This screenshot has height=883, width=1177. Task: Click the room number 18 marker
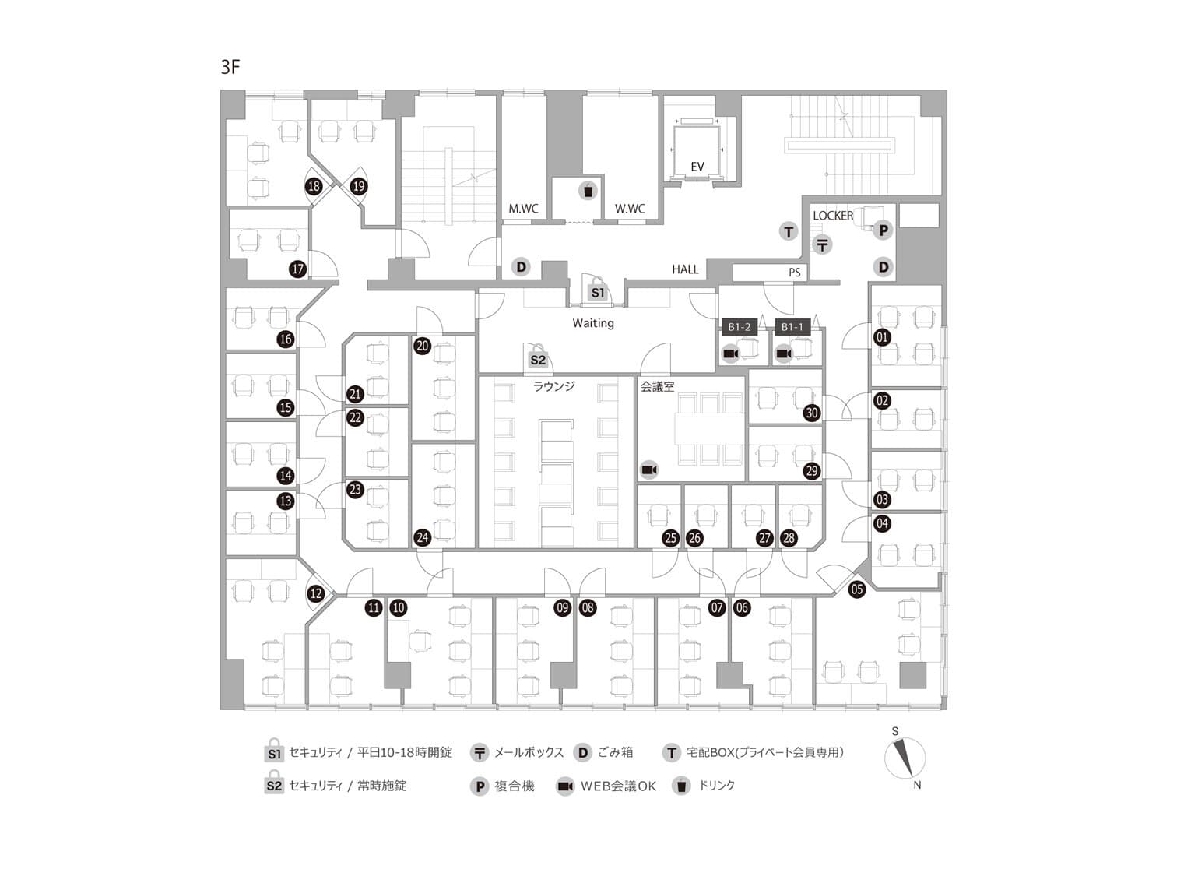pos(314,187)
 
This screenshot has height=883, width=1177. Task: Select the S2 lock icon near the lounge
pos(538,359)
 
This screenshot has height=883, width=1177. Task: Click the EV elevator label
pos(697,167)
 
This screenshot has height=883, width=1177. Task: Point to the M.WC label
pos(523,209)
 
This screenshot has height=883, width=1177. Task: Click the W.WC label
pos(630,209)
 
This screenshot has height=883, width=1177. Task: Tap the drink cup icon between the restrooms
pos(588,190)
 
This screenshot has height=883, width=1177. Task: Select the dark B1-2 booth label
pos(739,327)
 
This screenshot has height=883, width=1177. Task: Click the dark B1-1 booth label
pos(792,327)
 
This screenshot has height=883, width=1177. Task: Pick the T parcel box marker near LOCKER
pos(789,231)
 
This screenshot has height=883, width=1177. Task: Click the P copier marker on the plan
pos(883,230)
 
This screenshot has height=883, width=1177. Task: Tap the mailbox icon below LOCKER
pos(823,244)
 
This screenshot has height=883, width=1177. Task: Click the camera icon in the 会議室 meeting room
pos(649,470)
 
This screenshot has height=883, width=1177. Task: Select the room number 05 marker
pos(857,589)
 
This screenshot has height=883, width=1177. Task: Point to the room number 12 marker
pos(315,594)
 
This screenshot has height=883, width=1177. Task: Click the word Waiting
pos(593,323)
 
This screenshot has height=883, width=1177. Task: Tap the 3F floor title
pos(230,67)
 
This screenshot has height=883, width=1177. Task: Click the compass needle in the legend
pos(904,756)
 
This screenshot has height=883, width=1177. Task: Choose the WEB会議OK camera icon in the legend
pos(565,786)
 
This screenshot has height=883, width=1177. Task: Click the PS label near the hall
pos(794,273)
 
